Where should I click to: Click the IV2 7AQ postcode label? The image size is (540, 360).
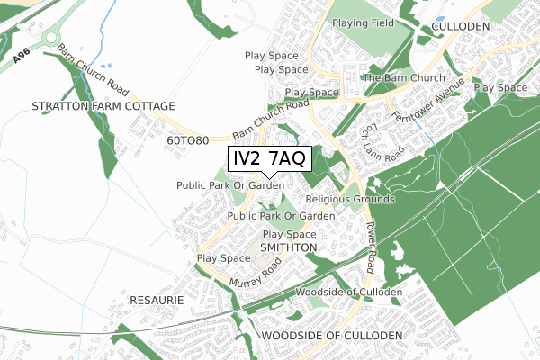(x=269, y=159)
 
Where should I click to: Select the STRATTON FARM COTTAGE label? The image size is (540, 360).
(x=103, y=106)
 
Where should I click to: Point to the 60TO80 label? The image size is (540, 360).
(x=188, y=141)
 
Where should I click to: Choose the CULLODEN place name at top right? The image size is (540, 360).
(x=460, y=27)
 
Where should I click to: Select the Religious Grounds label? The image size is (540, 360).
(x=350, y=199)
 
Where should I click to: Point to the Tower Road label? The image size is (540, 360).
(x=369, y=243)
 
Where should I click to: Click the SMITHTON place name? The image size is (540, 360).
(x=288, y=247)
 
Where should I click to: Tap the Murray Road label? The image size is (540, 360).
(x=256, y=272)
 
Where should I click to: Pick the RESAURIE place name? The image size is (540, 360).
(x=157, y=299)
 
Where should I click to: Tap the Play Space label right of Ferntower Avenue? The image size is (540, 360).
(x=500, y=87)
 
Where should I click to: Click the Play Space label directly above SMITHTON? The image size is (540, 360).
(x=290, y=234)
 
